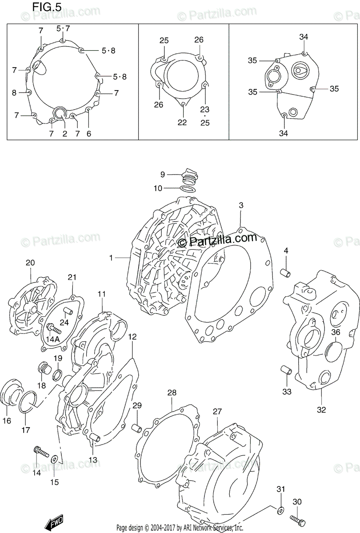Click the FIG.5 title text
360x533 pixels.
[47, 8]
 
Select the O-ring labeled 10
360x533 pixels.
[188, 188]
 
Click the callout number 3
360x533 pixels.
[241, 205]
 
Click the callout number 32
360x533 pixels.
[321, 410]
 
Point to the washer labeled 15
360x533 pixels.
[54, 459]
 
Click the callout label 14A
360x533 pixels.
[52, 340]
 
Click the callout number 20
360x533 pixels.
[30, 263]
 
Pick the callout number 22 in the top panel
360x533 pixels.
[182, 122]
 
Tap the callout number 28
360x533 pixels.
[172, 393]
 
